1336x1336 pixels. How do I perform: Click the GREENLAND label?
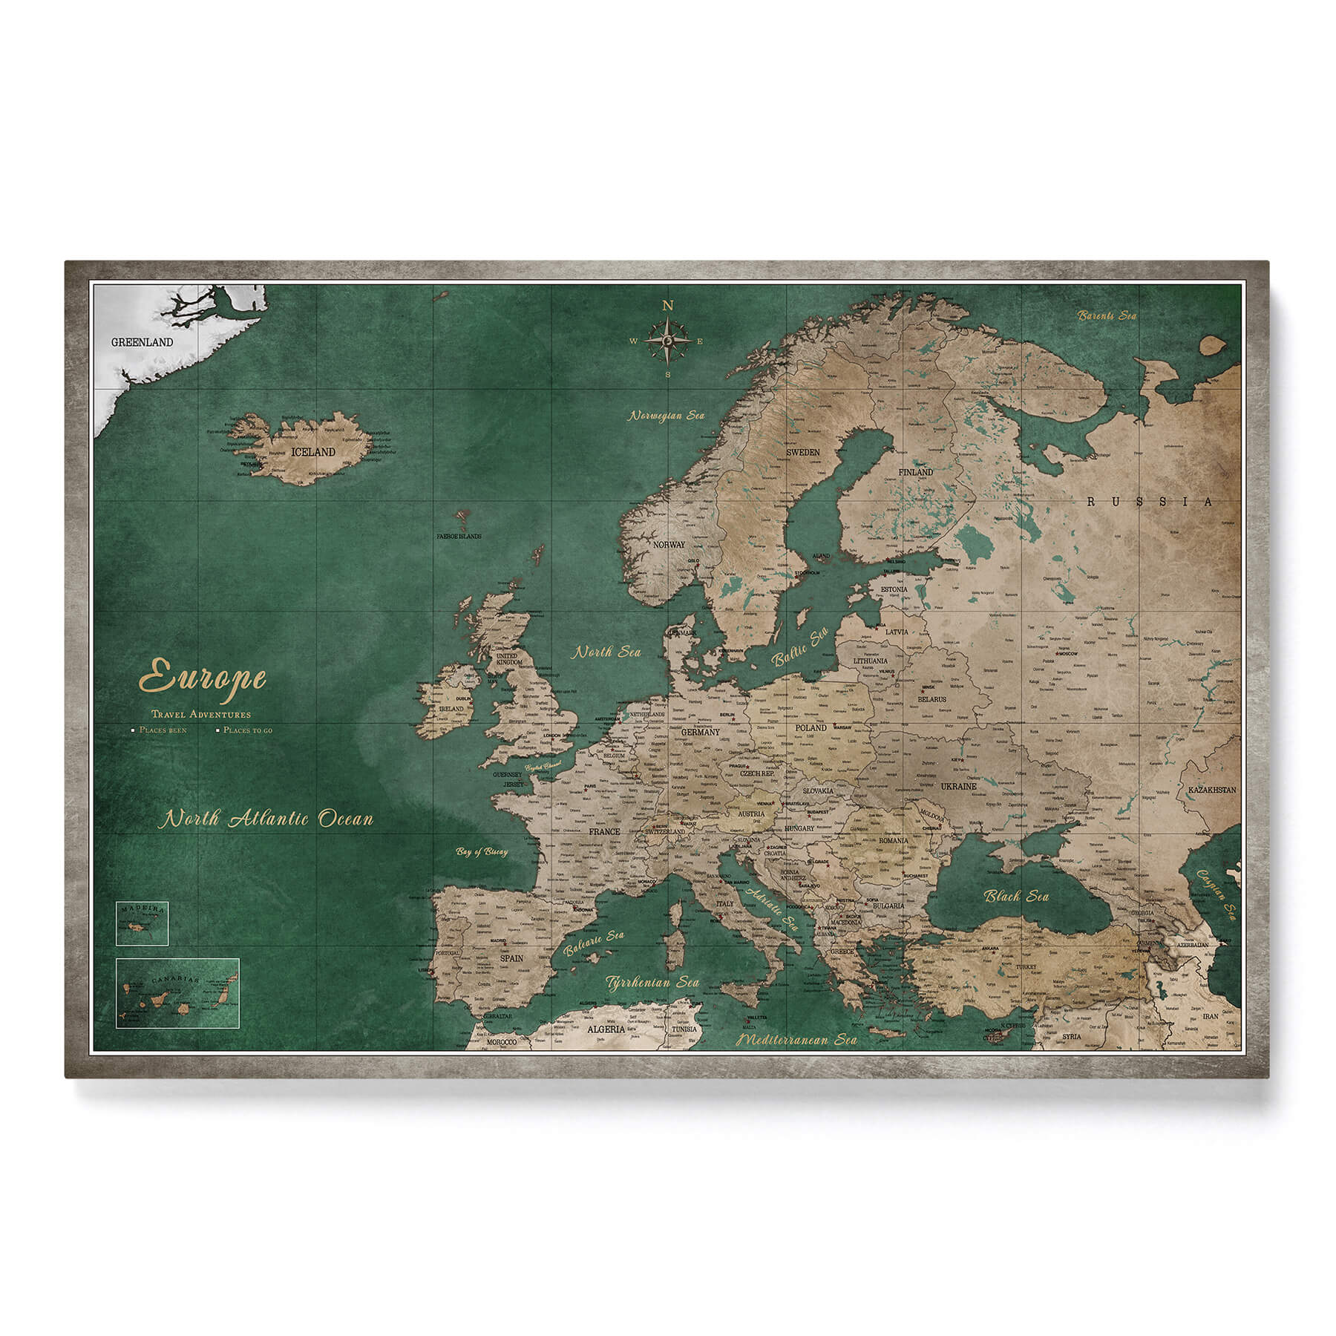[x=142, y=342]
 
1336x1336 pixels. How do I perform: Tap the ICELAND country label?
[x=313, y=451]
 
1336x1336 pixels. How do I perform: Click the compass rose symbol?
[x=668, y=341]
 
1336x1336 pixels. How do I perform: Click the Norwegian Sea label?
[x=667, y=416]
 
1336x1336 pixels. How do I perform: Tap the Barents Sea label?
[x=1107, y=315]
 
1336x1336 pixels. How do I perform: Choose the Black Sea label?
[x=1017, y=897]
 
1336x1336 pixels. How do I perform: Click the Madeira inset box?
[x=142, y=923]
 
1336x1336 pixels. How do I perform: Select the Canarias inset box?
[x=177, y=992]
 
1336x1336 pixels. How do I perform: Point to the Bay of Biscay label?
[x=482, y=852]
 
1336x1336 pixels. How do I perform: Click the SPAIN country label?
[x=511, y=958]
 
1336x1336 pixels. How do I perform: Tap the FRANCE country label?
[x=603, y=832]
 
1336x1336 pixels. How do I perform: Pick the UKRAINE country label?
[x=959, y=786]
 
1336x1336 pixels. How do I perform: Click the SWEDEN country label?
[x=803, y=452]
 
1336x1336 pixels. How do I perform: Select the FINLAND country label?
[x=915, y=472]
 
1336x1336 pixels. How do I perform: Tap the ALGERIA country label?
[x=606, y=1030]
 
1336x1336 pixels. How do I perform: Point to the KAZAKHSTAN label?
[x=1211, y=790]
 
